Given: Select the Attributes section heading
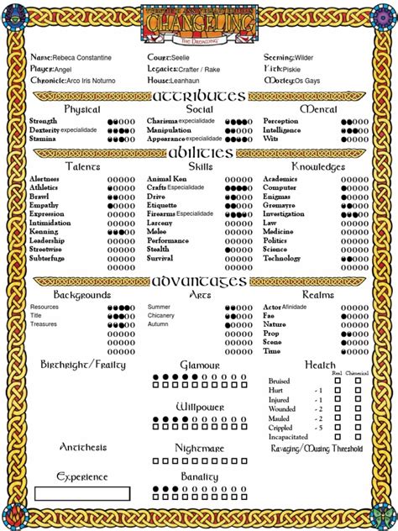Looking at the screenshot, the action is (x=199, y=96).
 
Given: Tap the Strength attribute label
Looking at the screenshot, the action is (x=44, y=121).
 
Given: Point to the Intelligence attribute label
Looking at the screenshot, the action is (x=282, y=130).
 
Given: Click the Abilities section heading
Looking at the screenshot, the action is (x=200, y=153).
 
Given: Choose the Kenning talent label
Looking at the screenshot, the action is (x=44, y=232).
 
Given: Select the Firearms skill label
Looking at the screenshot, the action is (x=161, y=214).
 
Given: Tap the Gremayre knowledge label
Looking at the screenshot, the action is (x=279, y=205).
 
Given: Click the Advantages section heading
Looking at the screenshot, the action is (x=200, y=281).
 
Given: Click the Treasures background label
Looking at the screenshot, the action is (x=44, y=324).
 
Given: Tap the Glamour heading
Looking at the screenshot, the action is (x=200, y=365).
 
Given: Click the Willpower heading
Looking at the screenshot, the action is (x=200, y=407).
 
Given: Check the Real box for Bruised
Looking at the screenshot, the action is (x=338, y=381).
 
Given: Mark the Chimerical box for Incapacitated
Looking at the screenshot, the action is (x=359, y=437).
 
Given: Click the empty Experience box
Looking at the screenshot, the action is (x=81, y=493).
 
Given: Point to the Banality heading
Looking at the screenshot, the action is (x=200, y=476).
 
